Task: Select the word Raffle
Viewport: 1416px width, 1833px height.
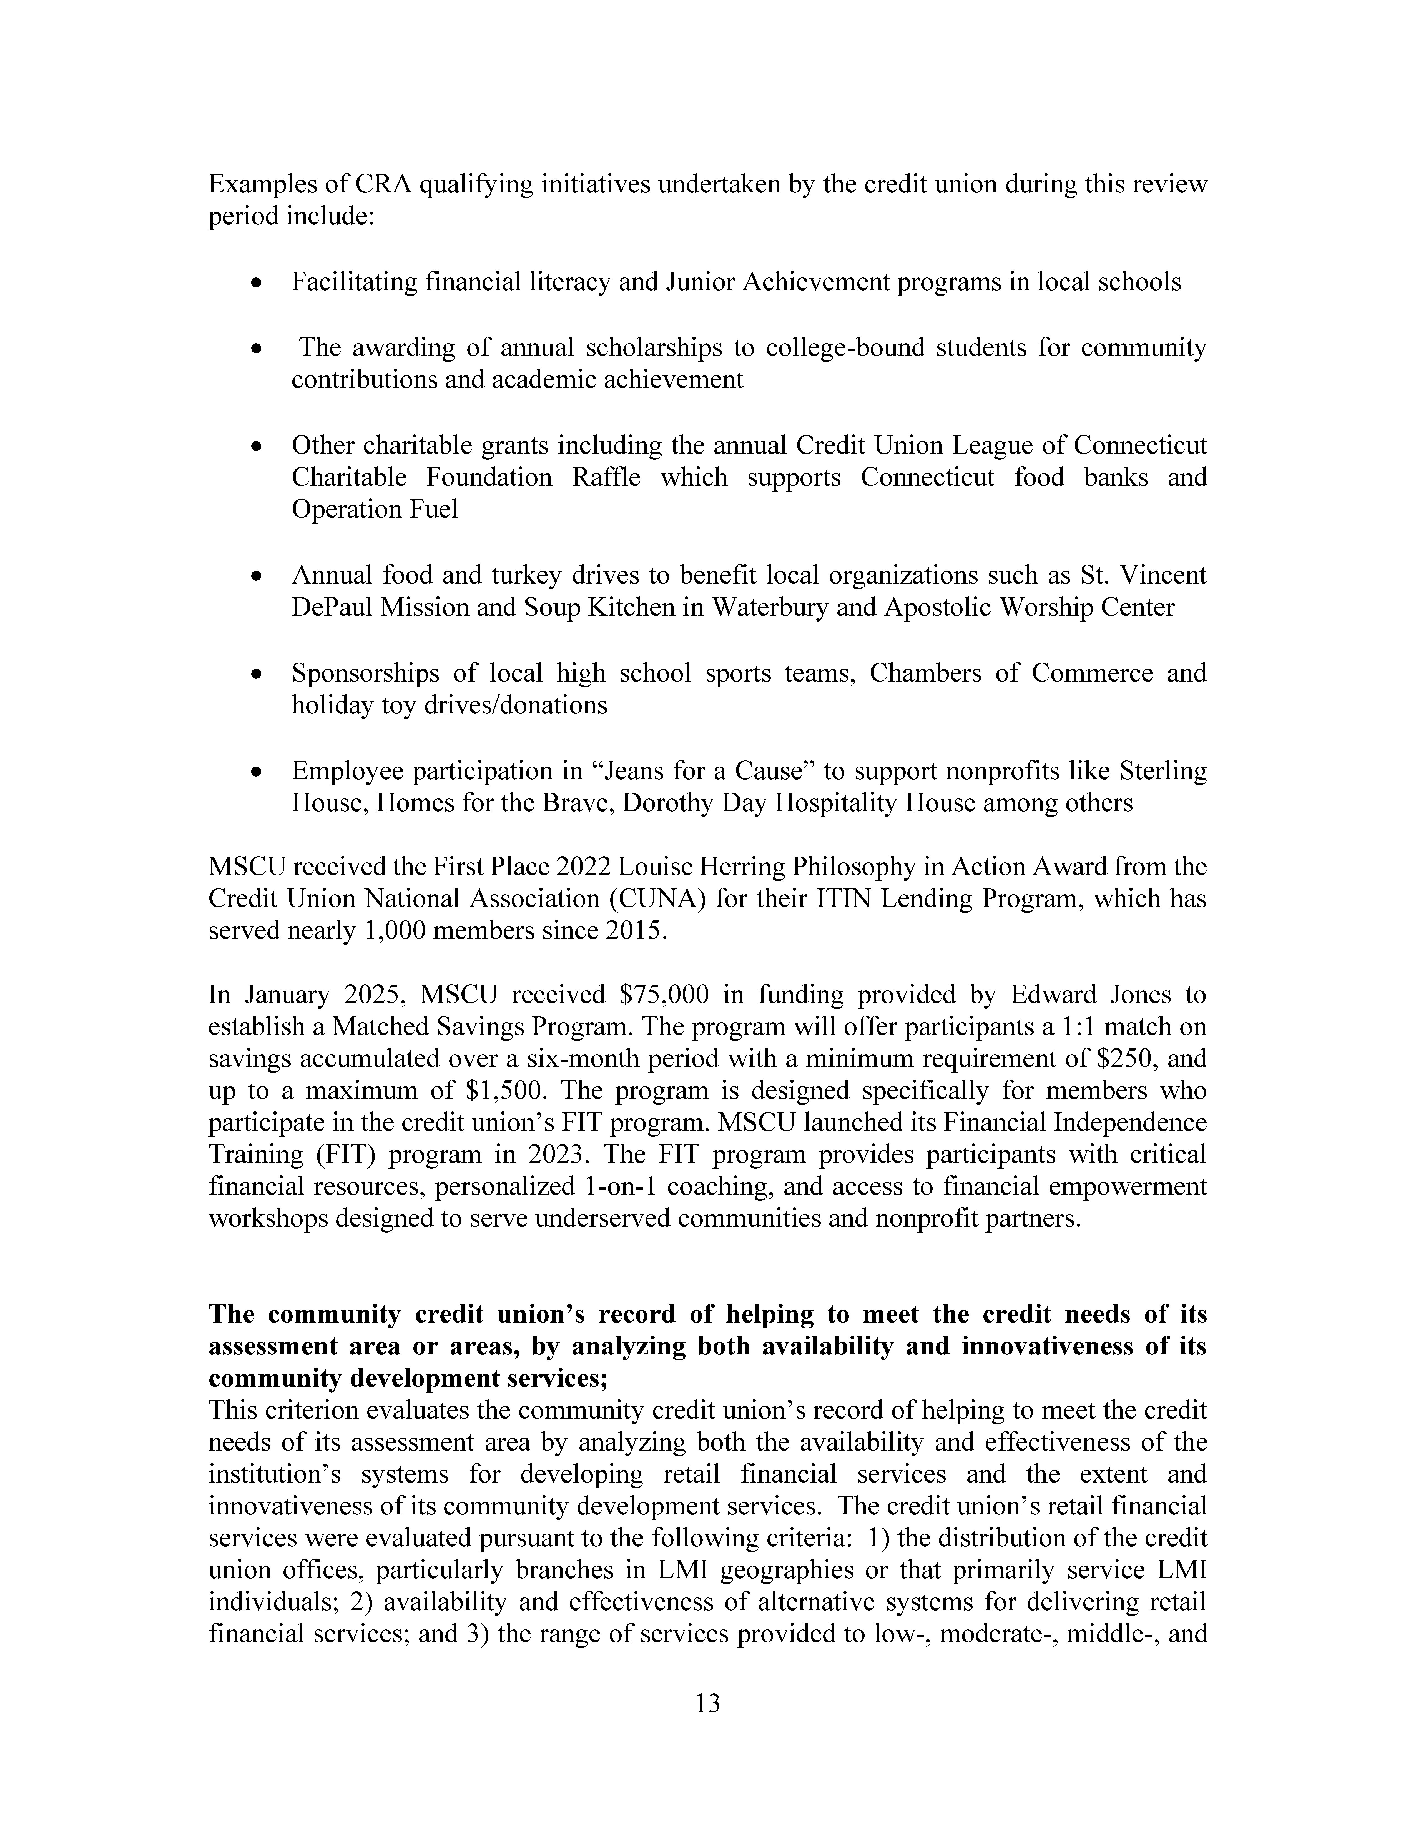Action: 606,478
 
